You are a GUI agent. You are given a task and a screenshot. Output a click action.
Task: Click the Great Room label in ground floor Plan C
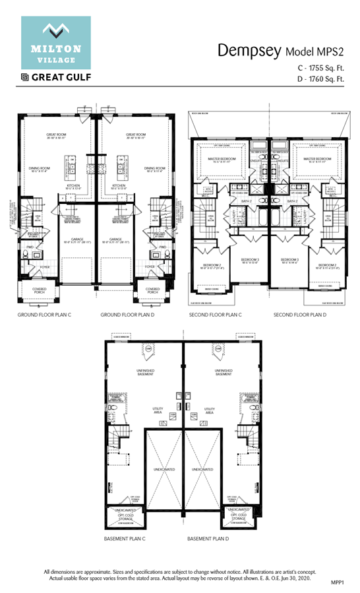(56, 136)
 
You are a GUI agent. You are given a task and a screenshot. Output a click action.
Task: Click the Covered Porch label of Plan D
(153, 290)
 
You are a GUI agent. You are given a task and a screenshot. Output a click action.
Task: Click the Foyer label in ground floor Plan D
(150, 267)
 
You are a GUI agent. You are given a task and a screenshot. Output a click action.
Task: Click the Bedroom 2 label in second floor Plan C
(212, 265)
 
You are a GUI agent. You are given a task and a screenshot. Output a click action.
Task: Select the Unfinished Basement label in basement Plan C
(145, 373)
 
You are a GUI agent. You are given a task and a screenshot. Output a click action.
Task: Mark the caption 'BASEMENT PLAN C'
(125, 539)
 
